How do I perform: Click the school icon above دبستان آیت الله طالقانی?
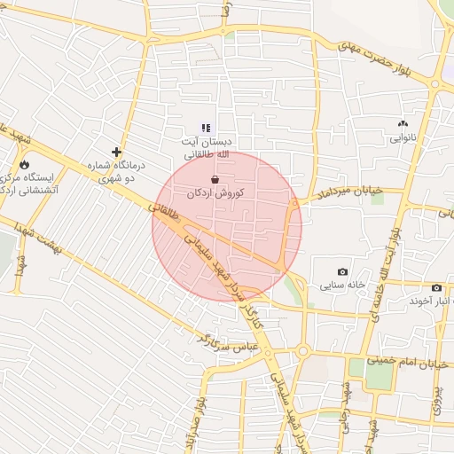coord(207,128)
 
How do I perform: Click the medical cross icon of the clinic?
coord(115,152)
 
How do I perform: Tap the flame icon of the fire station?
coord(23,164)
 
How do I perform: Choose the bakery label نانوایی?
coord(403,138)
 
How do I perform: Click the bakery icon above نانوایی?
coord(403,124)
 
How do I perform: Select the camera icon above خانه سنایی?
coord(342,271)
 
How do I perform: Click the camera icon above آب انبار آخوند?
coord(436,287)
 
